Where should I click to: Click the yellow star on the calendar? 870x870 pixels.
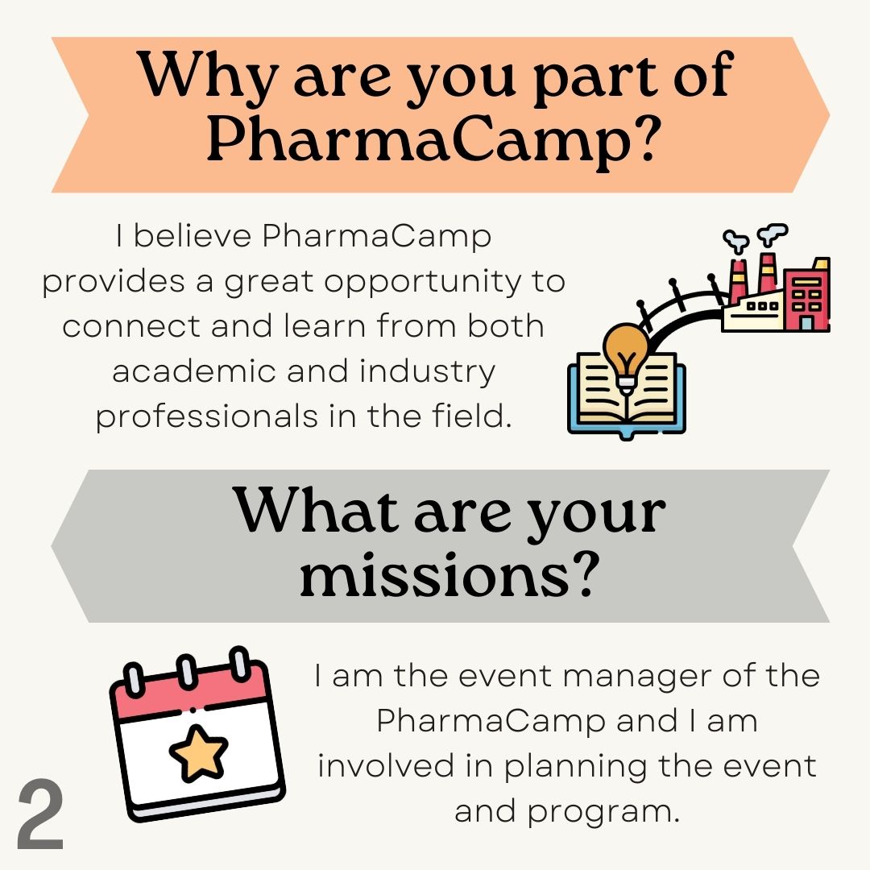(x=198, y=752)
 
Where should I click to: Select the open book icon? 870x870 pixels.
(x=627, y=395)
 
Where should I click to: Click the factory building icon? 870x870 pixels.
(x=777, y=290)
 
